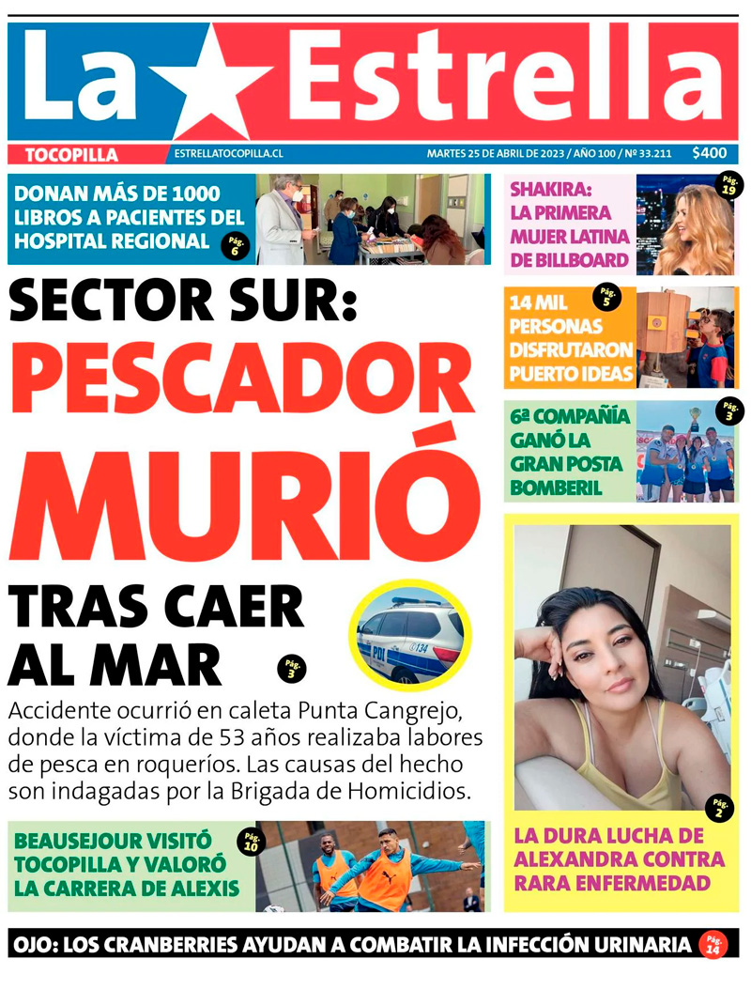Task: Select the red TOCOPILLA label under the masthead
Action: pos(71,155)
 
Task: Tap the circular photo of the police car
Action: pos(410,633)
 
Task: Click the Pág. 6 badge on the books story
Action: pos(235,246)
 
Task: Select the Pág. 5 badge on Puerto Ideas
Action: pos(606,298)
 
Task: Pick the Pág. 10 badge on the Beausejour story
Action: pos(252,841)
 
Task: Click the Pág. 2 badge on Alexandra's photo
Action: pos(720,807)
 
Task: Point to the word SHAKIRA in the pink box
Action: pos(547,189)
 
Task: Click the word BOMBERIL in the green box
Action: pos(556,488)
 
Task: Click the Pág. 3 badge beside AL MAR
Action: pos(292,669)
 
